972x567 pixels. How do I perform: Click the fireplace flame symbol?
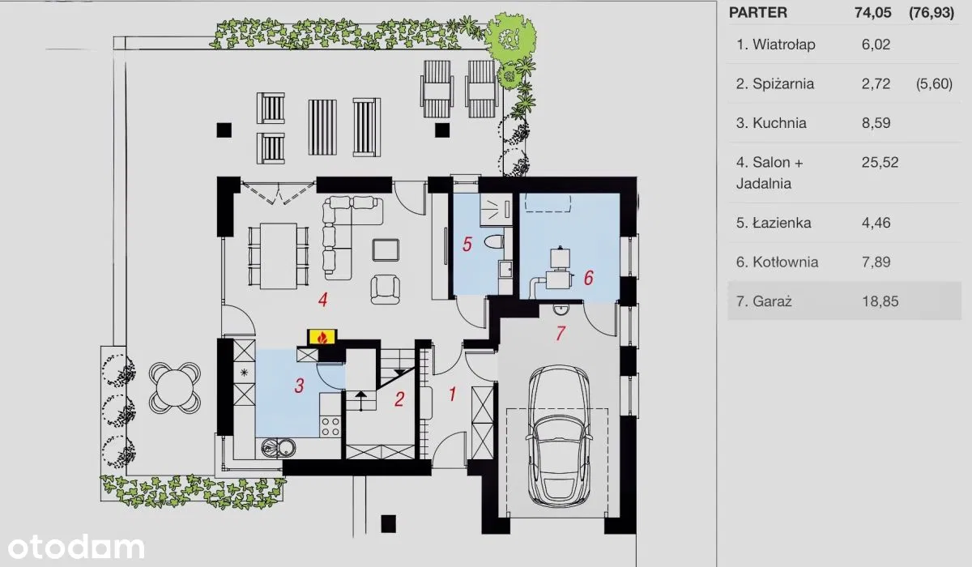[322, 338]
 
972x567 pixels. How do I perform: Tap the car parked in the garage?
[558, 436]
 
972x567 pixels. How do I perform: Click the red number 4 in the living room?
[322, 300]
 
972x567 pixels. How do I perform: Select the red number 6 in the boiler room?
[588, 278]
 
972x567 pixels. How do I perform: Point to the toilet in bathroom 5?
[494, 241]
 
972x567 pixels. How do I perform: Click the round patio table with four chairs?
[175, 388]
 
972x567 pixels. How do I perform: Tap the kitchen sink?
[279, 448]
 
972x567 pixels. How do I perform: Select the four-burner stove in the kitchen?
[330, 426]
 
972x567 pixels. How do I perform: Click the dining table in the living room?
[279, 256]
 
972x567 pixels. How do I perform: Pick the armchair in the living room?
[386, 289]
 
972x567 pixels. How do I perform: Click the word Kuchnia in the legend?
[779, 123]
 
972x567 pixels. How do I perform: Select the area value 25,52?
[880, 162]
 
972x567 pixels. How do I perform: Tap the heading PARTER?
[758, 13]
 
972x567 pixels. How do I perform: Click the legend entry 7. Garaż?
[764, 301]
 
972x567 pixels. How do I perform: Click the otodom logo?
[76, 547]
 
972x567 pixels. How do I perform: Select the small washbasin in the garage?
[561, 309]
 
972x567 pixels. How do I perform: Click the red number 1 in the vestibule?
[452, 394]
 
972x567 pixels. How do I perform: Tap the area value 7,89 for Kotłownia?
[876, 262]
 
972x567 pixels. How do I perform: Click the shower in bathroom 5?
[496, 210]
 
